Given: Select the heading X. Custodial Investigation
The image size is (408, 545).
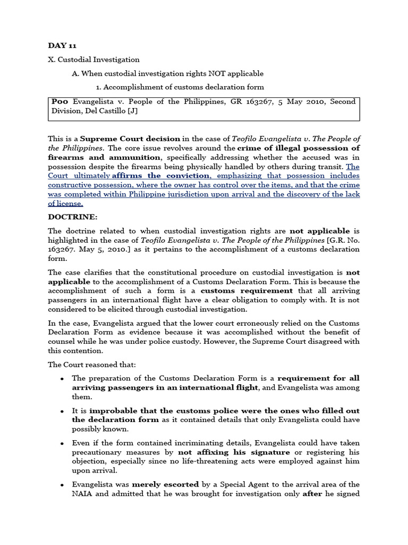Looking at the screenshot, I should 93,60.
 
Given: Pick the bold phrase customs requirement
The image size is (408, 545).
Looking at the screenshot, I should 246,291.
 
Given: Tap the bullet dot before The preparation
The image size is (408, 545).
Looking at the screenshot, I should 62,379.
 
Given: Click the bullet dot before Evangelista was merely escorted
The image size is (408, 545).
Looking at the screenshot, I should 62,485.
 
